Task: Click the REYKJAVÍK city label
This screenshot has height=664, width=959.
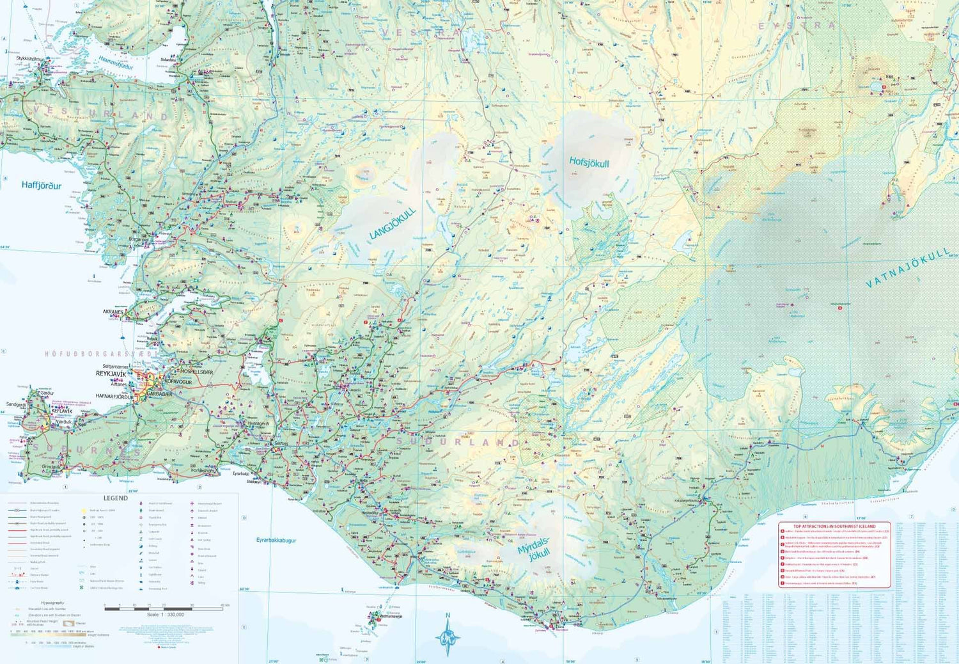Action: click(x=111, y=373)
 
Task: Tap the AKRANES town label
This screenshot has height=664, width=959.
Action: click(x=113, y=312)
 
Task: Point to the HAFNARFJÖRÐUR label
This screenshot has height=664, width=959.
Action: click(x=115, y=397)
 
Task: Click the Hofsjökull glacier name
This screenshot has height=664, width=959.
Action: click(x=589, y=162)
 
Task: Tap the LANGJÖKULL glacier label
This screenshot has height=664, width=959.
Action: click(x=393, y=223)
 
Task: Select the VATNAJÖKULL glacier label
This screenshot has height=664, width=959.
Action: click(x=908, y=268)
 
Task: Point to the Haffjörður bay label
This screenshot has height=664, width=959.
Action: click(x=42, y=186)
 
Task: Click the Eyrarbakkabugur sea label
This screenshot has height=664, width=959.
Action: click(x=276, y=541)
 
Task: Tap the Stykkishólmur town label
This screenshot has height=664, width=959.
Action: click(x=30, y=59)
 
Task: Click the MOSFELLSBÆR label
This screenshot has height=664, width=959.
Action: click(x=196, y=371)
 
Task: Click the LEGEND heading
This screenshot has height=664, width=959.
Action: click(x=116, y=498)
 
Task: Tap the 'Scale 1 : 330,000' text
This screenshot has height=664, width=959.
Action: click(x=165, y=615)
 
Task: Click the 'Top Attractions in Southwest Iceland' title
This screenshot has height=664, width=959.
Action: click(x=834, y=526)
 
